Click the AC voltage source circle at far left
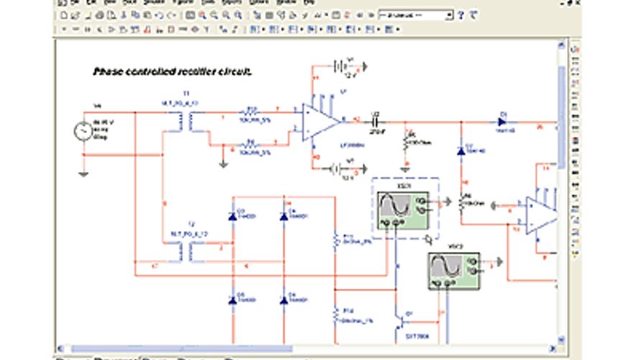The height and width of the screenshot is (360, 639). click(x=83, y=132)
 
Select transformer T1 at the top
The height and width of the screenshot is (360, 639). click(x=186, y=122)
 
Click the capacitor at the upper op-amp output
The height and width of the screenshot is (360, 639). click(x=374, y=120)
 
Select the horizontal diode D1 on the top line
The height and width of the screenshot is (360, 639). click(x=502, y=121)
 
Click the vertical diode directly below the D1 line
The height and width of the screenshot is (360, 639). click(x=461, y=150)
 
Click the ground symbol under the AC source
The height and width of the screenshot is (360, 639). click(x=83, y=173)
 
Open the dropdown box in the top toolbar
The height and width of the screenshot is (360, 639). click(x=416, y=14)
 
